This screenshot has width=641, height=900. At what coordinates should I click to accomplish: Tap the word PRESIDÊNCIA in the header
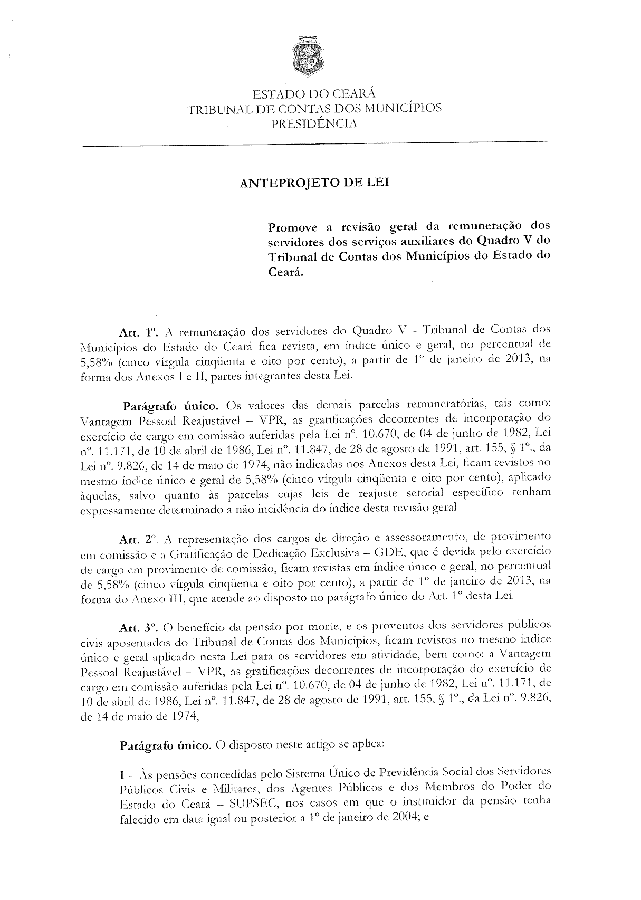[314, 125]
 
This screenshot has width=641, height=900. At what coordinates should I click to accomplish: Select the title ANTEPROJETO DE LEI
[314, 183]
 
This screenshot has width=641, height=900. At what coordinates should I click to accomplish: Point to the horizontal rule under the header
[314, 143]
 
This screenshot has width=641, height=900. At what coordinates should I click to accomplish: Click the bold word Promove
[293, 228]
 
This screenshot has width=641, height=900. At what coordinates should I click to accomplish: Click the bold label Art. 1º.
[139, 332]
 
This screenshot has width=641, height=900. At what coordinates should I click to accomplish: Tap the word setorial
[424, 495]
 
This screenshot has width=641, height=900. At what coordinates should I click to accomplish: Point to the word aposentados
[133, 643]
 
